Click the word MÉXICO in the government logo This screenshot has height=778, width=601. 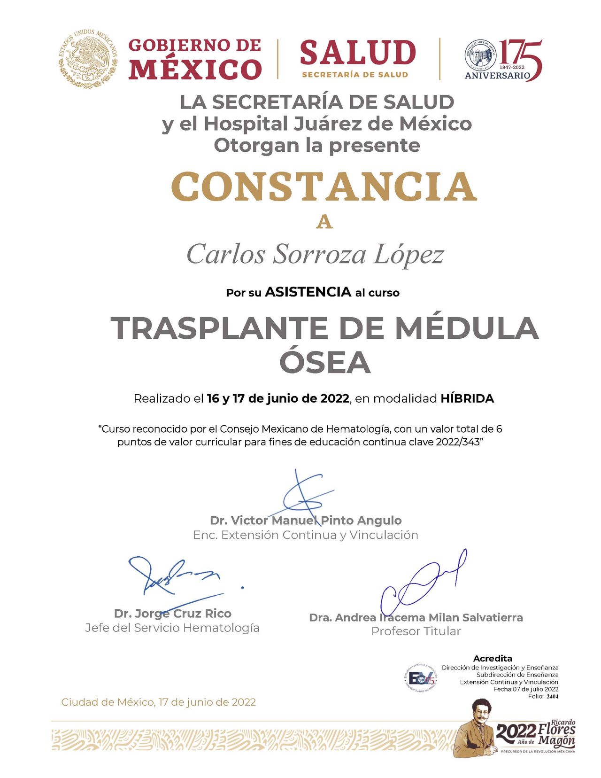[x=195, y=69]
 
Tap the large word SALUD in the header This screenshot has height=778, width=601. [x=358, y=52]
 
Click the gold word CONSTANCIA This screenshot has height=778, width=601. [x=324, y=187]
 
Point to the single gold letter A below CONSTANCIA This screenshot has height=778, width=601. [x=324, y=222]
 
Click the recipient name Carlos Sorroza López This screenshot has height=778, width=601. [x=315, y=255]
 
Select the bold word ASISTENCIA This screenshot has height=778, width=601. [x=308, y=292]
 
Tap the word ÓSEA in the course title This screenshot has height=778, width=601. [x=325, y=363]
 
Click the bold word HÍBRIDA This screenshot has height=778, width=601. [x=467, y=399]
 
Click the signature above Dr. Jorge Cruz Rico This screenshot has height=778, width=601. [x=174, y=580]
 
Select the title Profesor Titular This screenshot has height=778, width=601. [x=416, y=631]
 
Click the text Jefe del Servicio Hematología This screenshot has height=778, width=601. [x=172, y=628]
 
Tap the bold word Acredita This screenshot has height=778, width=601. [x=493, y=659]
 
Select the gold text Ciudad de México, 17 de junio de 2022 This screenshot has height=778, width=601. [x=159, y=702]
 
